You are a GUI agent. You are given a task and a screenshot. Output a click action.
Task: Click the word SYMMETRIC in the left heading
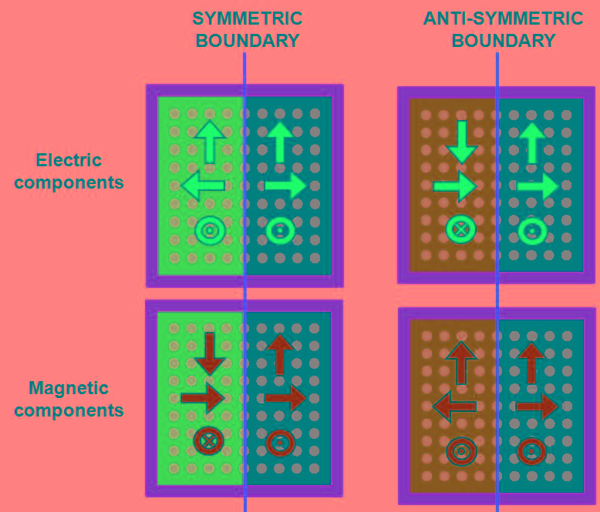(x=247, y=18)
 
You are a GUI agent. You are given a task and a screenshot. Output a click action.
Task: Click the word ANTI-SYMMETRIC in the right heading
(x=503, y=18)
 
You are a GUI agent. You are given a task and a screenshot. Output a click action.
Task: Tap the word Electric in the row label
(x=69, y=160)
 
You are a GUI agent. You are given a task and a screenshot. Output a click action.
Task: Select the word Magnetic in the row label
(x=69, y=388)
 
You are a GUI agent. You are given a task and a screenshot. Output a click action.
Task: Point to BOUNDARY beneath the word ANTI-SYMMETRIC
(x=503, y=41)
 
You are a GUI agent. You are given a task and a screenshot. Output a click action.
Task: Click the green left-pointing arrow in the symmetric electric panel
(x=204, y=186)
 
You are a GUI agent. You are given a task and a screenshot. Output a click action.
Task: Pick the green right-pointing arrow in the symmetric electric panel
(x=285, y=186)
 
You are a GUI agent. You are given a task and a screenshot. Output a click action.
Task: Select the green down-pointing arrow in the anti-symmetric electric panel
(x=461, y=141)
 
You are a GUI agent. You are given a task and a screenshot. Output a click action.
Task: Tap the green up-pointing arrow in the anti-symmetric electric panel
(x=532, y=142)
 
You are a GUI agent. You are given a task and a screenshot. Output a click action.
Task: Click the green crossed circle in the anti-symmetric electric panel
(x=461, y=229)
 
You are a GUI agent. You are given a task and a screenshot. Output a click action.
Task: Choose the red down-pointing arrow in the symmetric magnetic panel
(x=209, y=353)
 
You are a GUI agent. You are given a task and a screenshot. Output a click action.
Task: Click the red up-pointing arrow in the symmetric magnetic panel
(x=280, y=355)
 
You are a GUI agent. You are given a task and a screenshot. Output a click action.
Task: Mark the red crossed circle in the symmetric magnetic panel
(x=209, y=442)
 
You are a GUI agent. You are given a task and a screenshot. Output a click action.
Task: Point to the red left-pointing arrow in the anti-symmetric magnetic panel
(x=454, y=406)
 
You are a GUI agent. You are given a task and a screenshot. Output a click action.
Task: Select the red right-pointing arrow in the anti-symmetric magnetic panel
(x=537, y=406)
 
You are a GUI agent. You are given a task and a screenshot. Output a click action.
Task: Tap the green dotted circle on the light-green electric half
(x=210, y=230)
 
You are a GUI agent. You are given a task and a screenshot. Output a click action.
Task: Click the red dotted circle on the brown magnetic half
(x=461, y=451)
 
